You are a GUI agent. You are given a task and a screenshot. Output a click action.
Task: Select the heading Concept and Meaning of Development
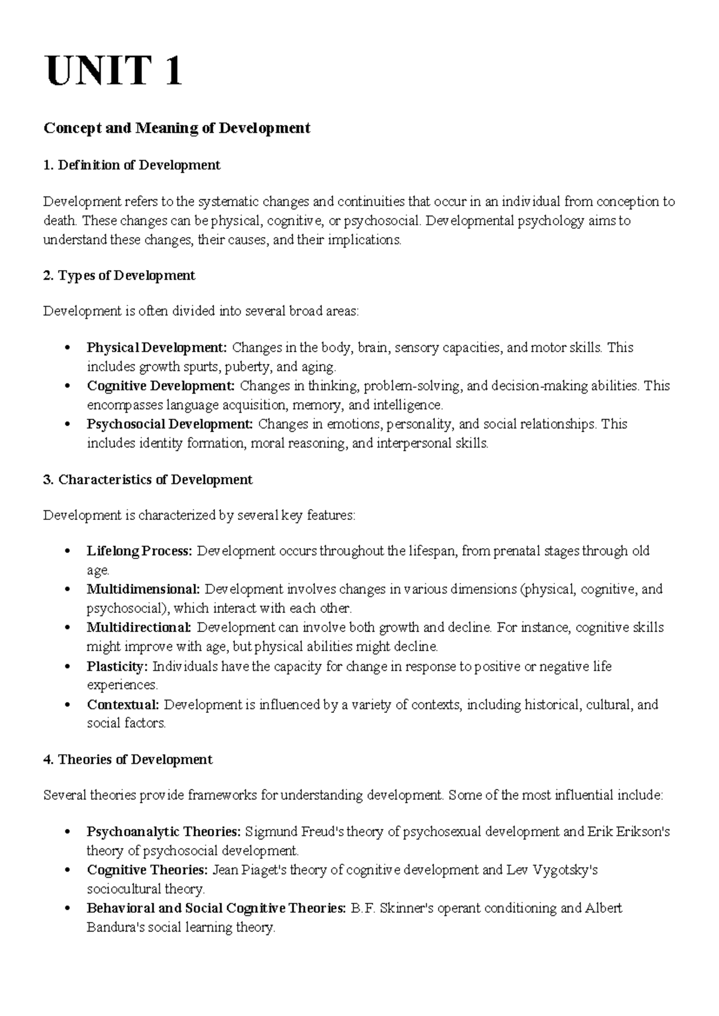[x=177, y=128]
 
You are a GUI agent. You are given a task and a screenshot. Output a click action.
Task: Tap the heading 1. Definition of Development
[x=132, y=165]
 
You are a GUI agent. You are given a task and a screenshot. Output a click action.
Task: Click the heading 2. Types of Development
[x=119, y=276]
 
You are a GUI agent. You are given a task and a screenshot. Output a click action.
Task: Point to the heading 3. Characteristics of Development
[x=148, y=480]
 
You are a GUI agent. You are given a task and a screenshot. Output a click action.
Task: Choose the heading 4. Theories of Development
[x=128, y=760]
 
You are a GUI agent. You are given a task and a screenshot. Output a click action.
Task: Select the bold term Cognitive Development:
[x=161, y=386]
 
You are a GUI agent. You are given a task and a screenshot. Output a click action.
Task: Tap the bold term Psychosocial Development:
[x=171, y=424]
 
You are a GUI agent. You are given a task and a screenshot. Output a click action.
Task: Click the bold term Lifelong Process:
[x=140, y=551]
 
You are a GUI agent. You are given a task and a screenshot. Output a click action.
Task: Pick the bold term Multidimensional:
[x=143, y=589]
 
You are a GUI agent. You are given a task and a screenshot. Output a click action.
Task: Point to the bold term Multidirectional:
[x=139, y=627]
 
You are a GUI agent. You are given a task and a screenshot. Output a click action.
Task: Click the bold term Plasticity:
[x=117, y=666]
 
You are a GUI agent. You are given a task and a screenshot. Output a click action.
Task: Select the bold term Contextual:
[x=123, y=704]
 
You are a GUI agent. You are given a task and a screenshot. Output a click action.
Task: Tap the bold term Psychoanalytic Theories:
[x=164, y=831]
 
